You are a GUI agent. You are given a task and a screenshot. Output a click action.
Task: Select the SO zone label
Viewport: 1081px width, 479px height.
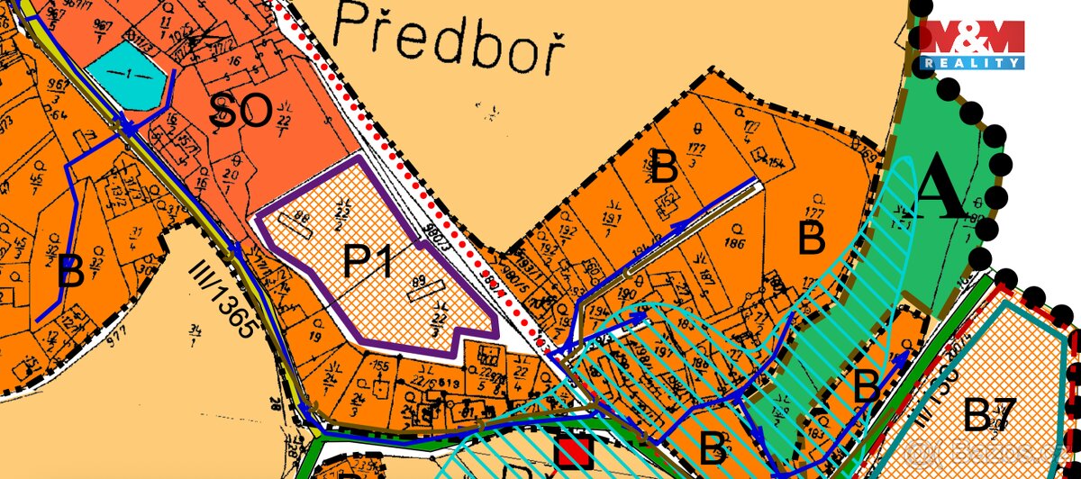click(x=241, y=113)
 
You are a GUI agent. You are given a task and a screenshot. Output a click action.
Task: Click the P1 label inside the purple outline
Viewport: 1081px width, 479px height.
click(x=367, y=262)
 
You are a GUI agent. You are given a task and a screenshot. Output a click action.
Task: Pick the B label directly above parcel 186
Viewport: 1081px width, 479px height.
click(x=665, y=167)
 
